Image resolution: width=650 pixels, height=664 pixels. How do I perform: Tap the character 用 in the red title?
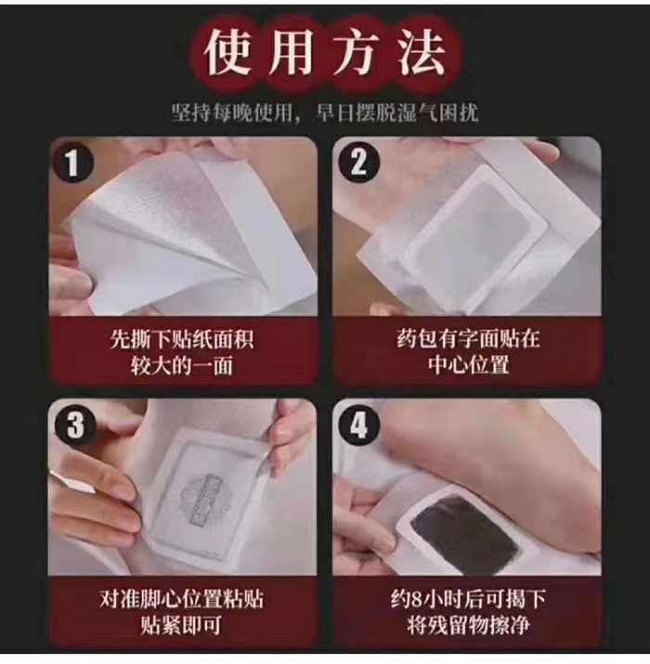[294, 53]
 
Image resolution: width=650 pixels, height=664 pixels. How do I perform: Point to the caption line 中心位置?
[467, 365]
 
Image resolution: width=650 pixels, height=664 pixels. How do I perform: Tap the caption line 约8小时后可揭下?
[467, 599]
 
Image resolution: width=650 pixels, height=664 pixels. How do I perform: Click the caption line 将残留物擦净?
[467, 625]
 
